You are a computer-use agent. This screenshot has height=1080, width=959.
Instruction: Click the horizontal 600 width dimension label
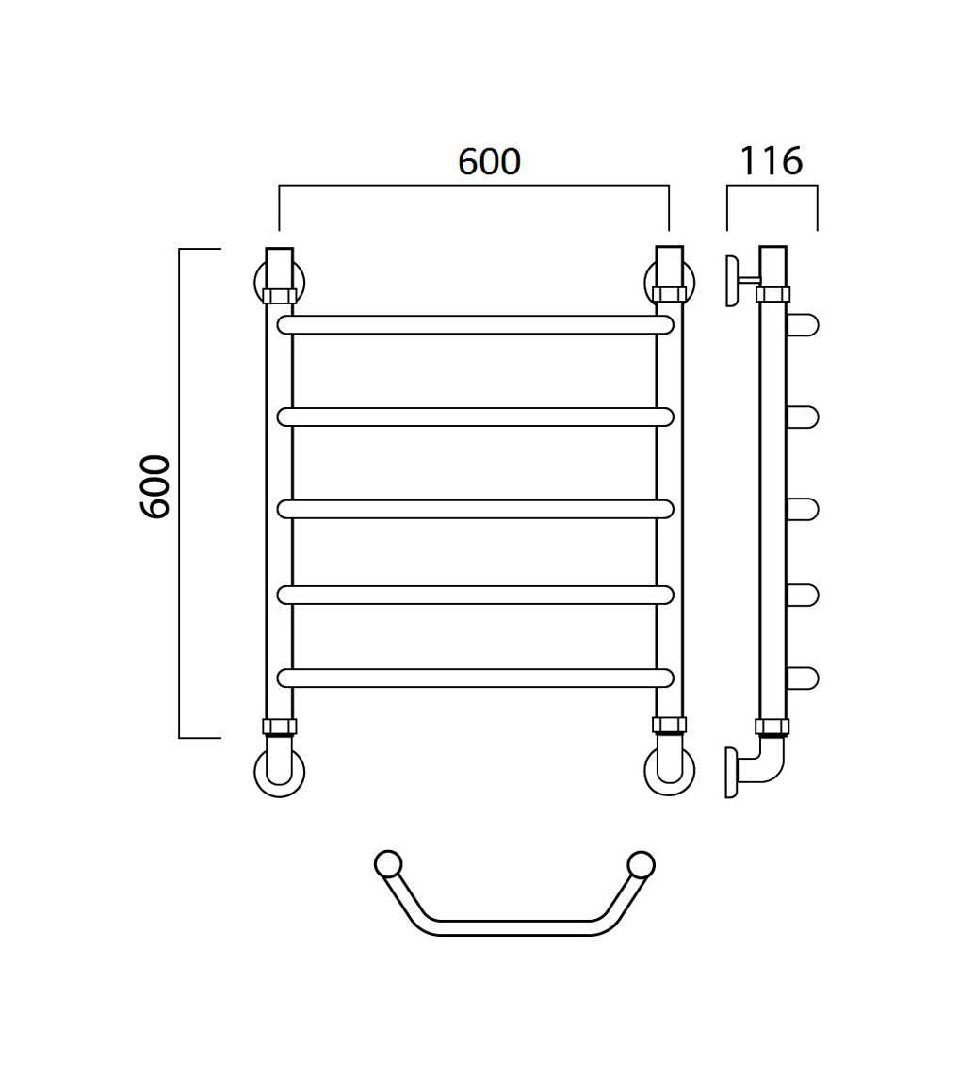click(x=490, y=162)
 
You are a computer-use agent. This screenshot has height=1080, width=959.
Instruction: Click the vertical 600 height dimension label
click(x=154, y=486)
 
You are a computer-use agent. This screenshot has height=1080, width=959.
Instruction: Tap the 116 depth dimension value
click(x=771, y=161)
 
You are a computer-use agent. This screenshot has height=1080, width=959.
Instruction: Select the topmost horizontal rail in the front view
click(x=475, y=324)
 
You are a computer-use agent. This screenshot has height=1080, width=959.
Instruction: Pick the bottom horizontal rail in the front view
click(x=475, y=678)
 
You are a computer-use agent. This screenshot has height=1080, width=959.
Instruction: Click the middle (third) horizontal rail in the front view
click(x=475, y=509)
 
